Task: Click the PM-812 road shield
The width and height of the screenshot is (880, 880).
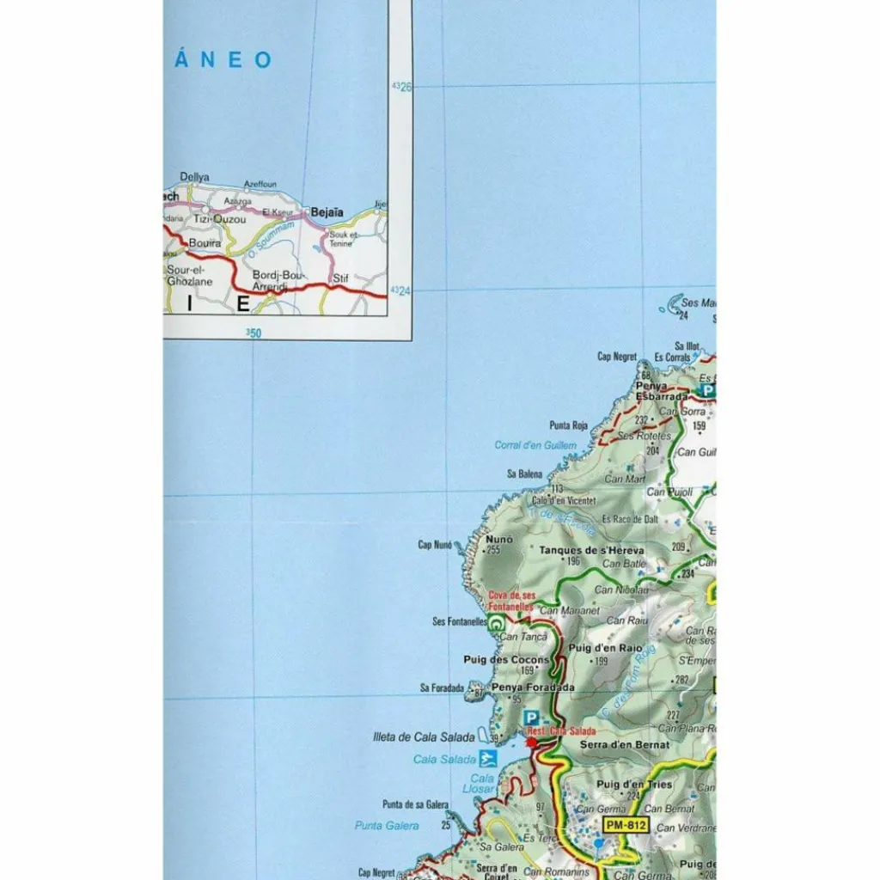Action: [x=625, y=825]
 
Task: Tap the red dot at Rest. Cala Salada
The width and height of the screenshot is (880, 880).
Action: [x=531, y=742]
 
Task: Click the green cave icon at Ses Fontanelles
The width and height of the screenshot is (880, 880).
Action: [x=496, y=626]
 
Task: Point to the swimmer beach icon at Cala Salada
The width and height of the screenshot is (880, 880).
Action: [x=488, y=758]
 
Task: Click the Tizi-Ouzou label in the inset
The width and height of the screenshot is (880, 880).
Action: [x=218, y=219]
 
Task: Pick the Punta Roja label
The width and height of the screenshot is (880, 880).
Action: [x=568, y=425]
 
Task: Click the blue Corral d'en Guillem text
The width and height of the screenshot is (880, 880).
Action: [x=535, y=445]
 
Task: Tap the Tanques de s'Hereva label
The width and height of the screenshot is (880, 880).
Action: [x=591, y=550]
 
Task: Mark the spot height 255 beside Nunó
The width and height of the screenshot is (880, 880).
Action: [x=493, y=551]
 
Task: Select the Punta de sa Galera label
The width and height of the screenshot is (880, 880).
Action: [x=416, y=804]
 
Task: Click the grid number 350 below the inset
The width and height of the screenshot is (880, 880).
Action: [x=253, y=332]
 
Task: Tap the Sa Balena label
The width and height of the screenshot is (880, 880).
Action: [x=524, y=474]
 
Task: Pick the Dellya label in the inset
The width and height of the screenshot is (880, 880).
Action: [x=194, y=177]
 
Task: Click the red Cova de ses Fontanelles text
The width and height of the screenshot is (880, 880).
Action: [x=511, y=602]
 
